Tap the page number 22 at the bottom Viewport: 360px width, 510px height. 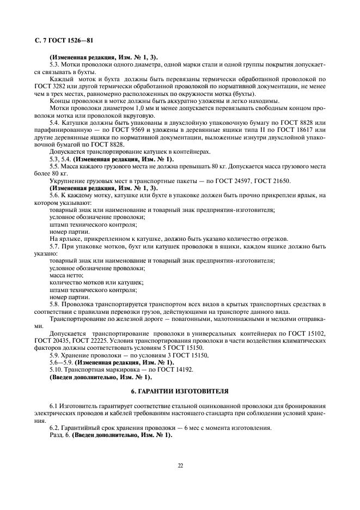click(180, 465)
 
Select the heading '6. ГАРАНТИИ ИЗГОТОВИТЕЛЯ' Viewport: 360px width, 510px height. click(180, 392)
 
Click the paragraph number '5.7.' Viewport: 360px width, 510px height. click(56, 246)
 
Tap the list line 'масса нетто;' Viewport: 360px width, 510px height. click(66, 275)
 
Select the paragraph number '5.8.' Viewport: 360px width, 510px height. click(56, 303)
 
